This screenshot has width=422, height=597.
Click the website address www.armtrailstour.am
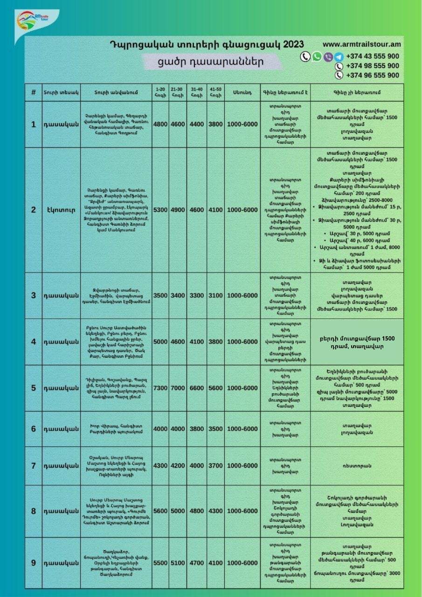click(x=362, y=44)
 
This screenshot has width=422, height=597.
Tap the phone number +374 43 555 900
click(x=372, y=56)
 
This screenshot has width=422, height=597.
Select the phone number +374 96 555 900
click(x=372, y=75)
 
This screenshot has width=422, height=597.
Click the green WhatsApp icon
click(x=317, y=56)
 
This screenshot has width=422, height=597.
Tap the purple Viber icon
click(x=328, y=56)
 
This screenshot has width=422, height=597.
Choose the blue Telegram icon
click(x=339, y=56)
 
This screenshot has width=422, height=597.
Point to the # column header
click(x=34, y=92)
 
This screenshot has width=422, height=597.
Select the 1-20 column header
click(x=160, y=92)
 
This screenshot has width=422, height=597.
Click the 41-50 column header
click(x=216, y=92)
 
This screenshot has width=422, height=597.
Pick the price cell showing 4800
click(x=160, y=125)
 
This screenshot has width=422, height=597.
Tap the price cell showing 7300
click(x=160, y=388)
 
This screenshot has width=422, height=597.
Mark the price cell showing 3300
click(x=197, y=296)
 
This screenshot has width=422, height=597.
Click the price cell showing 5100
click(x=178, y=563)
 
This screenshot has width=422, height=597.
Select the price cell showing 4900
click(x=178, y=210)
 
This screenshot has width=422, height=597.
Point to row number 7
click(x=34, y=465)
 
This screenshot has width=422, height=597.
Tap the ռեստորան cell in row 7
click(x=357, y=465)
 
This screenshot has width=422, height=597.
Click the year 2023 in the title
click(x=290, y=44)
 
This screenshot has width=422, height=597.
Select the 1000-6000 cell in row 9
click(x=242, y=563)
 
